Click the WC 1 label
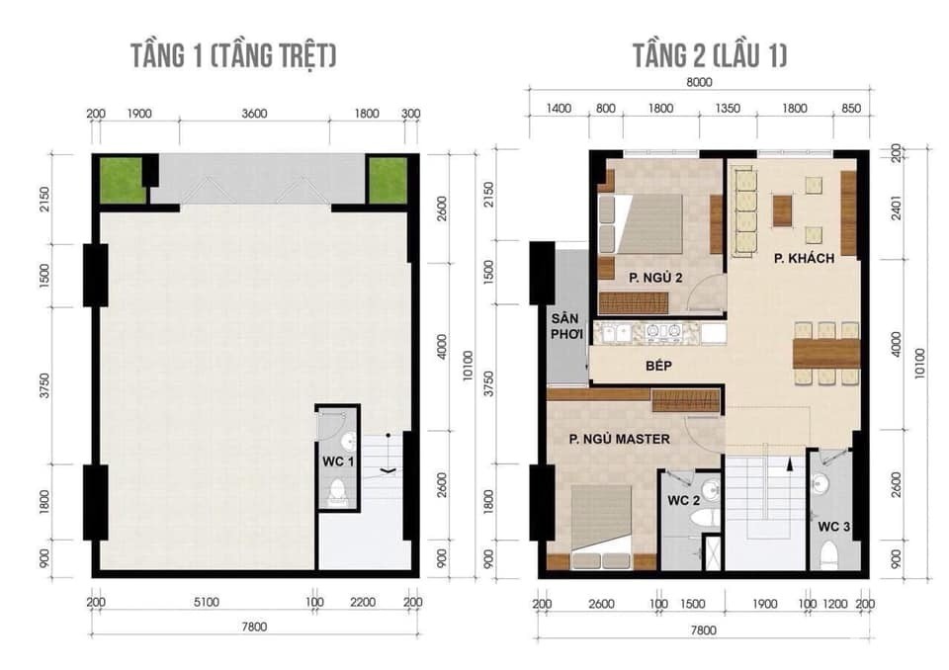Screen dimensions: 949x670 (x=338, y=461)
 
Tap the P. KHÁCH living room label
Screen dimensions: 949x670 (x=804, y=259)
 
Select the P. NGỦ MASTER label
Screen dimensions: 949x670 (x=619, y=439)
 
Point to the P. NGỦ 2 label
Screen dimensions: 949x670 (x=655, y=278)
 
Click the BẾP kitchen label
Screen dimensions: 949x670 (x=658, y=366)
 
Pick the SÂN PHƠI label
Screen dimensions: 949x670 (x=566, y=326)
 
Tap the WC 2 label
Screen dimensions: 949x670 (x=683, y=501)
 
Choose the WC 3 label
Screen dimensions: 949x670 (x=833, y=527)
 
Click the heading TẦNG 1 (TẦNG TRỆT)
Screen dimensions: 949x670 (x=233, y=55)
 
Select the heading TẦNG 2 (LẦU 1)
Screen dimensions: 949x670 (x=710, y=55)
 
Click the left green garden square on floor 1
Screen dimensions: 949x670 (x=123, y=180)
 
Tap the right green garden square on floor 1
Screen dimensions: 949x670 (x=388, y=181)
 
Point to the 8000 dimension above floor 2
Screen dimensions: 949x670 (x=699, y=82)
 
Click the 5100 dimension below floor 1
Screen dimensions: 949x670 (x=207, y=602)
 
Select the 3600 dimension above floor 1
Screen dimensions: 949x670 (x=254, y=114)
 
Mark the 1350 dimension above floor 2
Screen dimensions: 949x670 (x=728, y=109)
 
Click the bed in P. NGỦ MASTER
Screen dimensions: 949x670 (x=601, y=527)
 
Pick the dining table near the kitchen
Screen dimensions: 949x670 (x=826, y=353)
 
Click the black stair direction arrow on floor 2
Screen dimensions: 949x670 (x=789, y=465)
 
